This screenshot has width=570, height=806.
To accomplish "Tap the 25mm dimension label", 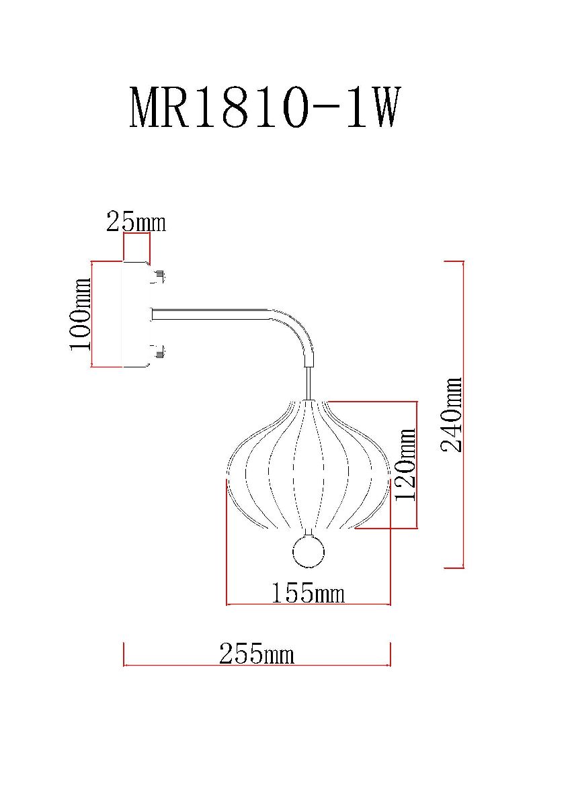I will coord(136,222).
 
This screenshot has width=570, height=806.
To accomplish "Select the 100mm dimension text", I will coord(79,314).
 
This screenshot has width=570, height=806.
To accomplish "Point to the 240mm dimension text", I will coord(452,414).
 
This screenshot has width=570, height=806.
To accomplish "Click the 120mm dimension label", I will coord(405,465).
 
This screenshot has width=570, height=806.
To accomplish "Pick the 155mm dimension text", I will coord(308,593).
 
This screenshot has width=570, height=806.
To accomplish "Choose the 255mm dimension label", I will coord(257,654).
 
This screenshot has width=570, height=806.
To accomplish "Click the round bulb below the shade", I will coord(309,553).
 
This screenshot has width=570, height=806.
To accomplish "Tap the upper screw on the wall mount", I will coord(159,275).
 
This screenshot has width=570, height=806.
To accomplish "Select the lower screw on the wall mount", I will coord(159,351).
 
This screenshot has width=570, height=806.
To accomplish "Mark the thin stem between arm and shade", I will coord(309,383).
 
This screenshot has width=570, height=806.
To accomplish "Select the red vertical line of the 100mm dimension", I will coord(91,314).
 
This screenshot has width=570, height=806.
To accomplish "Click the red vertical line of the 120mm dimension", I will coord(418,465).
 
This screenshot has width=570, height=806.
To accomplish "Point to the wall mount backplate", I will coord(134,314).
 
